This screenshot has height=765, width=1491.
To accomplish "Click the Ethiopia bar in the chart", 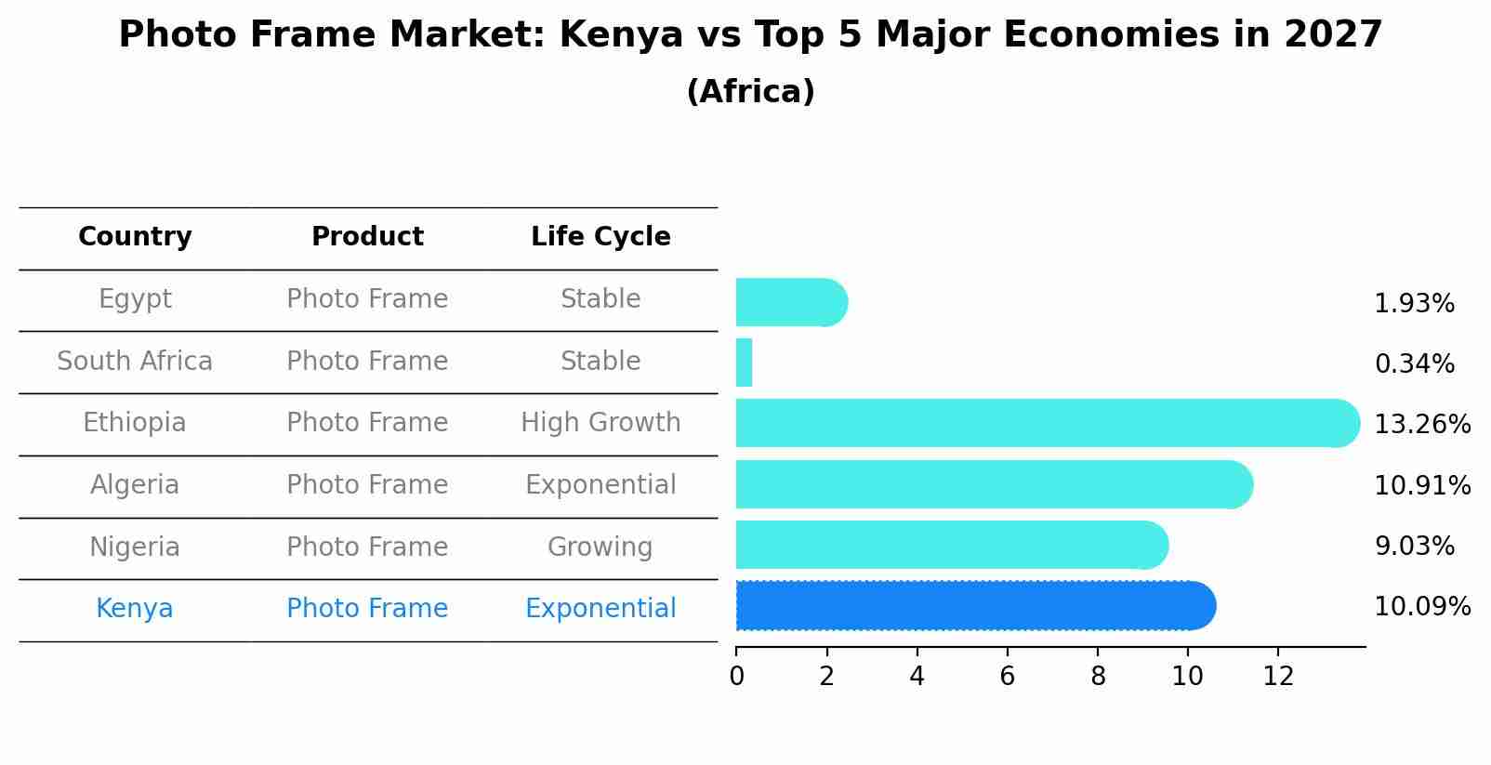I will (x=1046, y=423).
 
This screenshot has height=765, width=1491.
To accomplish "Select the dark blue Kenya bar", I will (x=974, y=605).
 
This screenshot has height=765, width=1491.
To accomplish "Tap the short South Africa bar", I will (x=744, y=363).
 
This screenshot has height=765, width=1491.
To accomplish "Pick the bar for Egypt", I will (x=790, y=302).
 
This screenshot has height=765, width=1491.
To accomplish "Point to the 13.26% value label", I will (x=1421, y=425).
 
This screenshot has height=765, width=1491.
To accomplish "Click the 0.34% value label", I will (x=1414, y=364).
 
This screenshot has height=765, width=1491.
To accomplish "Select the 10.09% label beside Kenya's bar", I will (x=1421, y=607).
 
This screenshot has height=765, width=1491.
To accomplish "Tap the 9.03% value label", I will (x=1414, y=547).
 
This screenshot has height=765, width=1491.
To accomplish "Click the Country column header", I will (x=135, y=237).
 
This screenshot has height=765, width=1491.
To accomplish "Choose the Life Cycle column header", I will (x=600, y=237).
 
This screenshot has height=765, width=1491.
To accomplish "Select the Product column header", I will (x=367, y=237).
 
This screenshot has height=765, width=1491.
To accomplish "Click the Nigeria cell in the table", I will (x=135, y=547).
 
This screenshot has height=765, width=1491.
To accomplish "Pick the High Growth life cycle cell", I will (x=600, y=423).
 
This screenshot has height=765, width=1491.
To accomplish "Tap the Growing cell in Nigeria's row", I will (x=600, y=547).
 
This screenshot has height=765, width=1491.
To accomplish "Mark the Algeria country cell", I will (x=135, y=485).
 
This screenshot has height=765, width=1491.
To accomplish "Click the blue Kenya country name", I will (x=135, y=609).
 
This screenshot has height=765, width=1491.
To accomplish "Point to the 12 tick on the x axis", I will (x=1278, y=677).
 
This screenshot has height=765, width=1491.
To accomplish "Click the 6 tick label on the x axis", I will (x=1007, y=677).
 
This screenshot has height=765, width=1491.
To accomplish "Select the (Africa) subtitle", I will (x=750, y=92).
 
